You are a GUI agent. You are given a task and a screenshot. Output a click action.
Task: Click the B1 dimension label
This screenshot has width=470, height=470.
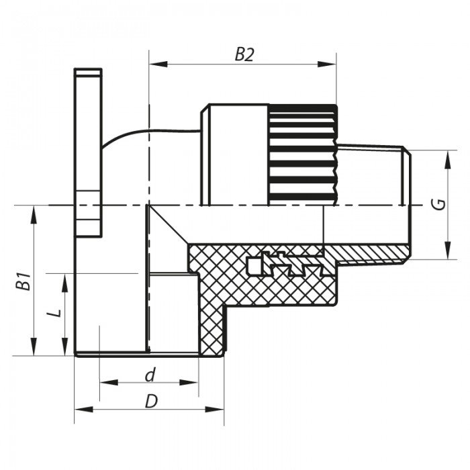[x=23, y=281]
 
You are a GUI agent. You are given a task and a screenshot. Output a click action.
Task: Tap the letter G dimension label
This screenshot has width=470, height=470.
[x=437, y=205]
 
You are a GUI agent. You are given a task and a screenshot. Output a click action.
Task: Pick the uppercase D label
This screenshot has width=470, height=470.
[x=150, y=401]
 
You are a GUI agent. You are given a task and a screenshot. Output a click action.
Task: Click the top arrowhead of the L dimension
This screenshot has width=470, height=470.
[x=65, y=279]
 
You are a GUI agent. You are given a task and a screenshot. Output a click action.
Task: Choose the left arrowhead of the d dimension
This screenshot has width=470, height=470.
[x=105, y=382]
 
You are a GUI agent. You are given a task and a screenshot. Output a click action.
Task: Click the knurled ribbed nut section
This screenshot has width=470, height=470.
[x=301, y=154]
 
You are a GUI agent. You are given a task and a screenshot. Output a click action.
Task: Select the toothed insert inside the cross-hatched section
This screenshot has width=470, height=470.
[x=285, y=265]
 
